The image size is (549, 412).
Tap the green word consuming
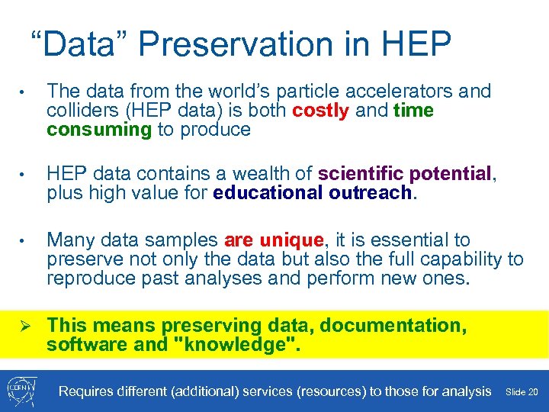pyautogui.click(x=99, y=129)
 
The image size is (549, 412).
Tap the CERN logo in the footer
pyautogui.click(x=22, y=391)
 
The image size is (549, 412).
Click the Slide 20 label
pyautogui.click(x=522, y=392)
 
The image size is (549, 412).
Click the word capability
pyautogui.click(x=459, y=259)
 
